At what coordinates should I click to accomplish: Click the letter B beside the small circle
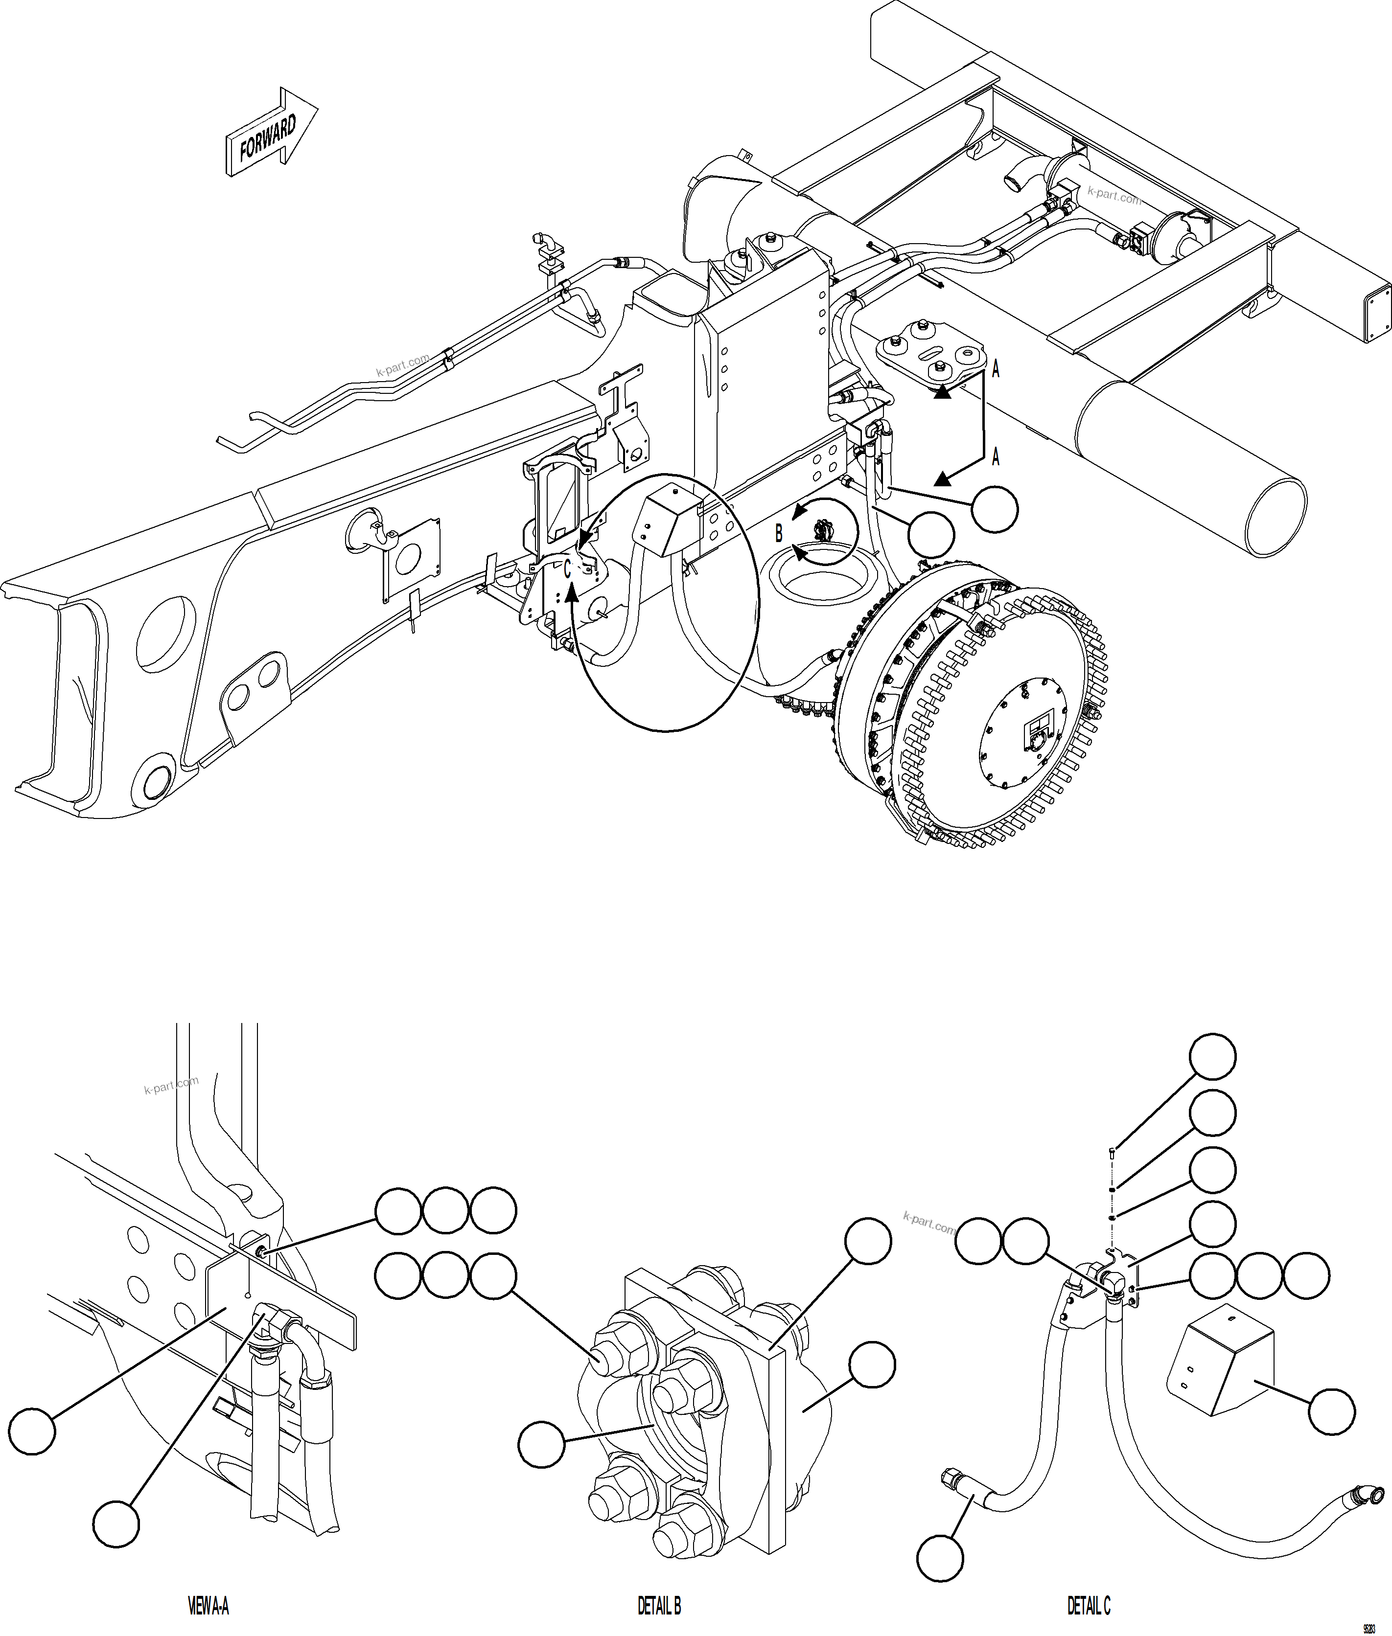779,534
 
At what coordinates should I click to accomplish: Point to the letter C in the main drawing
567,568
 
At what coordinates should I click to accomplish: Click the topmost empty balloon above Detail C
1212,1056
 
